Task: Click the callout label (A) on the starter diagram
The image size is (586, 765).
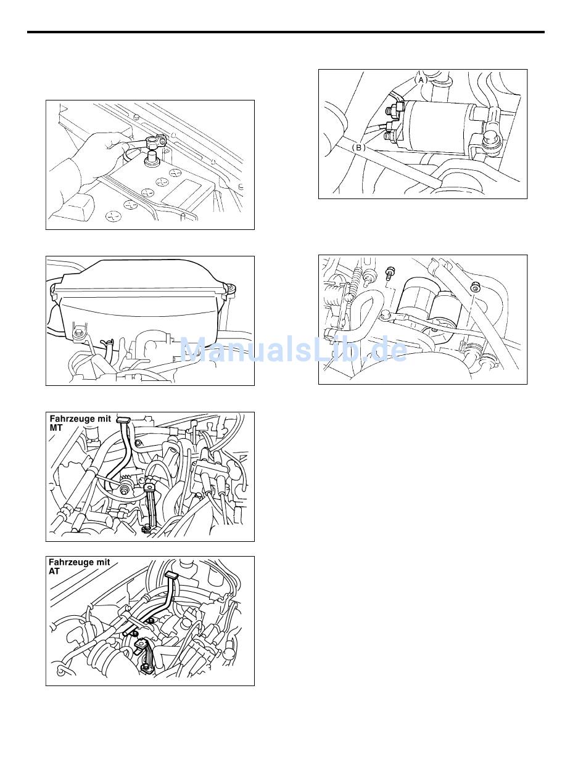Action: coord(421,80)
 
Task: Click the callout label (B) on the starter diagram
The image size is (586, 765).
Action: coord(358,147)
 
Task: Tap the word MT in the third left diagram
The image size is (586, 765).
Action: coord(56,428)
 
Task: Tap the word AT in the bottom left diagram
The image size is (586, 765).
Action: coord(54,571)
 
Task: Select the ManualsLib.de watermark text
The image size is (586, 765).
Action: coord(294,349)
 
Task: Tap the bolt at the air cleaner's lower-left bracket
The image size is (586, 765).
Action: coord(76,332)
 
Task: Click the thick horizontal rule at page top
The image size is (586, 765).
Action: coord(286,33)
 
